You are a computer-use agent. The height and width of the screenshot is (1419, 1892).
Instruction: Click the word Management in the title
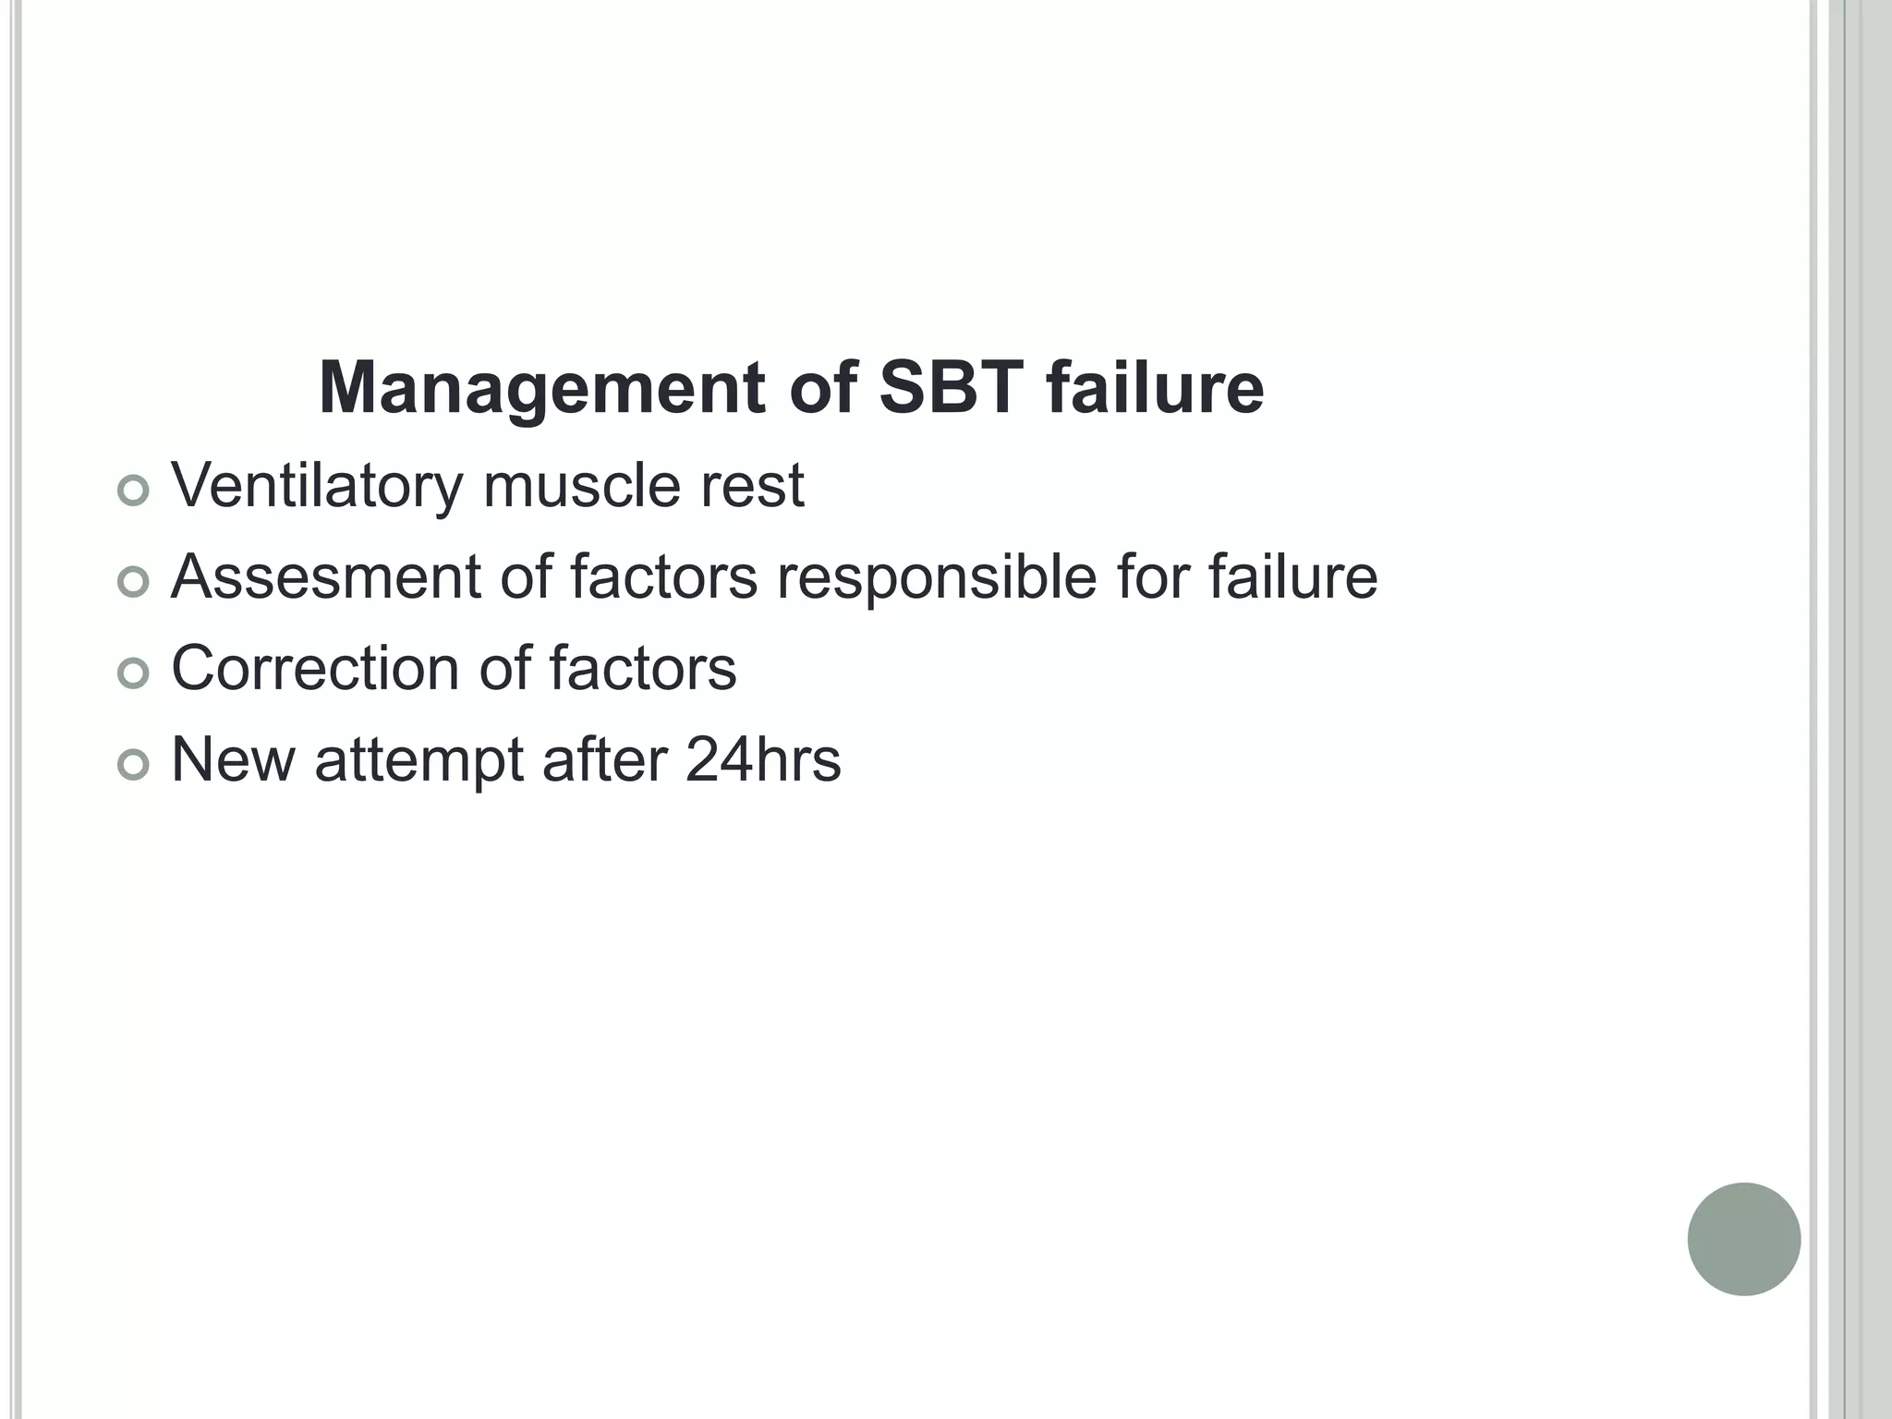(x=540, y=389)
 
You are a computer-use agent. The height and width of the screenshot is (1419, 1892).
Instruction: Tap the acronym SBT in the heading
(x=951, y=387)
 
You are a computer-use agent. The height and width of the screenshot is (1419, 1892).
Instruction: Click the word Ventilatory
(x=316, y=486)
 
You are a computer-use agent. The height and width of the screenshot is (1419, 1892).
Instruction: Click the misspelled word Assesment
(x=326, y=576)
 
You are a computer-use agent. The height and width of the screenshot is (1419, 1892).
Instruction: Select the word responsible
(x=936, y=576)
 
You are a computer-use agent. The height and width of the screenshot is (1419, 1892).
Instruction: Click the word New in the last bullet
(x=233, y=759)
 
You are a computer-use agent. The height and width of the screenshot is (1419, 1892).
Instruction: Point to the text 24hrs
(x=763, y=759)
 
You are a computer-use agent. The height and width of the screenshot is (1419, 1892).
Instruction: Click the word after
(x=604, y=759)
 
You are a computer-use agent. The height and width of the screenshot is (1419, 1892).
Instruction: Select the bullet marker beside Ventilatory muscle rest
(x=134, y=491)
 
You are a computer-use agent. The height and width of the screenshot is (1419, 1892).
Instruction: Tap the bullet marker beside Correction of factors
(x=134, y=673)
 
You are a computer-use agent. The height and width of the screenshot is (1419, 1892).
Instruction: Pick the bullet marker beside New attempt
(x=134, y=765)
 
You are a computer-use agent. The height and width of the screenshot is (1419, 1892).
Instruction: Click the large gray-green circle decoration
(x=1743, y=1239)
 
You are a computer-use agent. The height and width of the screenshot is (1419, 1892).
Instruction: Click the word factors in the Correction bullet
(x=643, y=668)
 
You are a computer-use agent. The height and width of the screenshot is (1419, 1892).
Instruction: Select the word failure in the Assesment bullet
(x=1292, y=576)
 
